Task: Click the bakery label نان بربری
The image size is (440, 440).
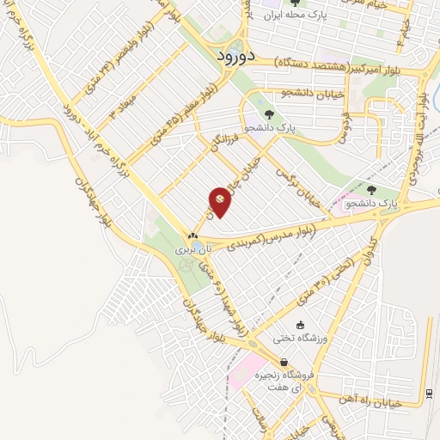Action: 192,250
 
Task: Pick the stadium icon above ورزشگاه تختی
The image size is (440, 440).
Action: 300,326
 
